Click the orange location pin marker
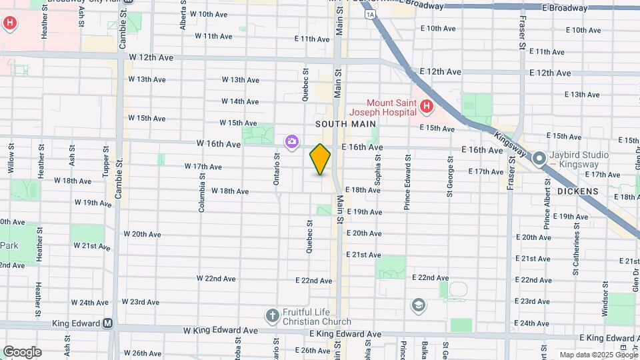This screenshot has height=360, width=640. [x=320, y=159]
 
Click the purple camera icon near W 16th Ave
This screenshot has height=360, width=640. [x=291, y=141]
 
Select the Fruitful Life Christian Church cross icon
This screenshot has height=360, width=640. [x=272, y=315]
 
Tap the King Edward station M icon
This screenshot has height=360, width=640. [x=107, y=323]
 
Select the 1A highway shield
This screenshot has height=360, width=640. [x=370, y=14]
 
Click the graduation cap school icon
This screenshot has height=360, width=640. [x=419, y=305]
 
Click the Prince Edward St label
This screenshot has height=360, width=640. [x=407, y=183]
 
